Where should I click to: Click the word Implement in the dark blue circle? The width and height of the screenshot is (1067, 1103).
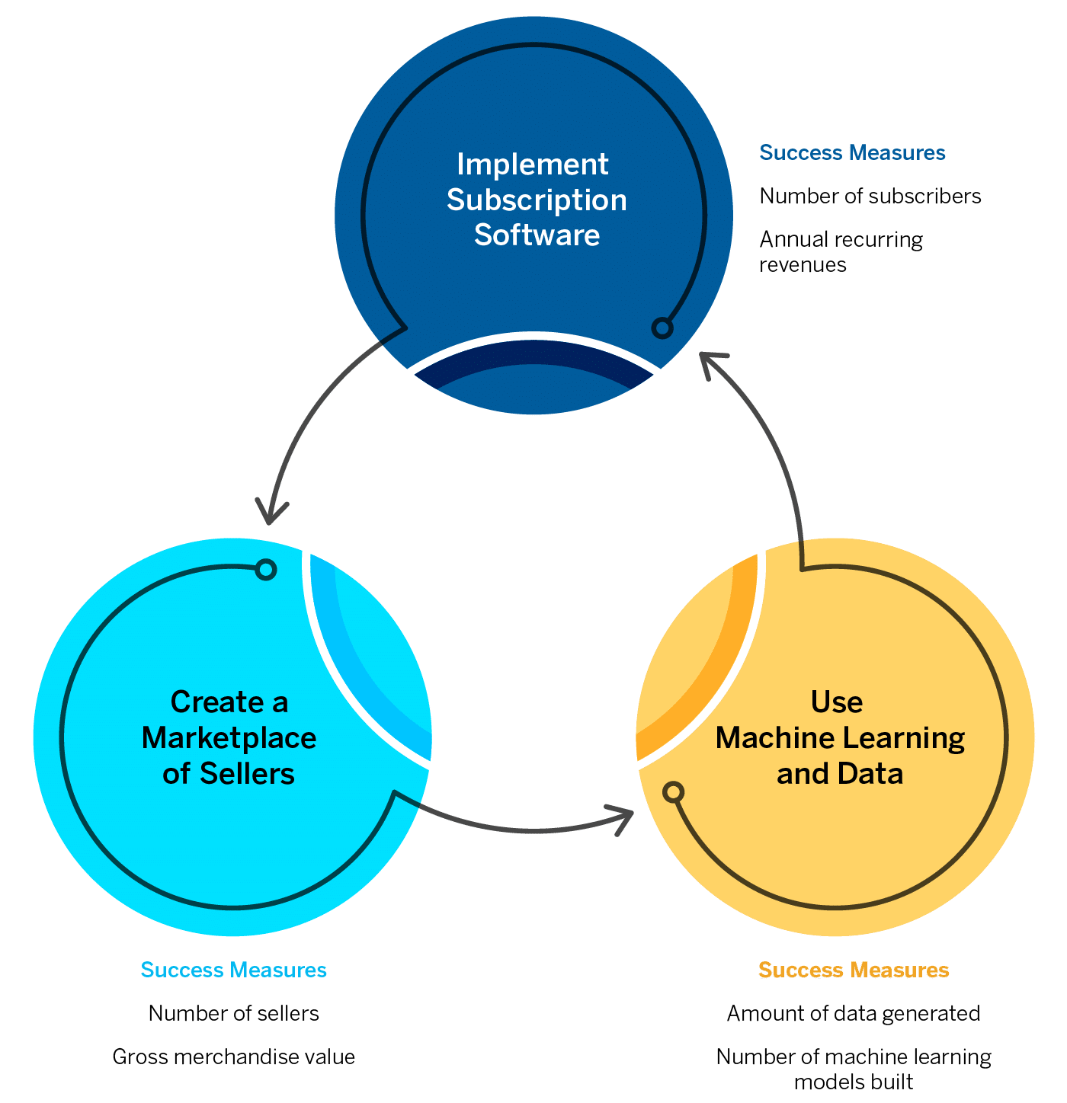[532, 165]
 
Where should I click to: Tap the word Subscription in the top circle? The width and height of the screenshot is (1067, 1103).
[537, 200]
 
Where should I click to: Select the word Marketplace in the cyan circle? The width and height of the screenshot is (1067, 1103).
[229, 737]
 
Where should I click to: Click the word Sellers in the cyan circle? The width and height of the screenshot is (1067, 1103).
[247, 773]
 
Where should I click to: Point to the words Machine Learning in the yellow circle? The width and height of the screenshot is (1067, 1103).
[840, 737]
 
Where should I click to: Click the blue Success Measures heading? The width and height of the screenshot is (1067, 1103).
[852, 152]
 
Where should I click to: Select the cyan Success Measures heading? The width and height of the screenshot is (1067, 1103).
[233, 970]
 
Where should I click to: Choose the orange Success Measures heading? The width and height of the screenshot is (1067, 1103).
[854, 970]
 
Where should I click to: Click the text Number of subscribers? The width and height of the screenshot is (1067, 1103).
[870, 196]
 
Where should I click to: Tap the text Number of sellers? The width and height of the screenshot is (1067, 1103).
[233, 1013]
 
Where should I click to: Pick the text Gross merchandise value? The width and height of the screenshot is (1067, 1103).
[233, 1057]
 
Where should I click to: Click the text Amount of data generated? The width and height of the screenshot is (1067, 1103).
[854, 1013]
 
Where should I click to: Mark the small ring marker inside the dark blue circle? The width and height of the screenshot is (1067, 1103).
[662, 328]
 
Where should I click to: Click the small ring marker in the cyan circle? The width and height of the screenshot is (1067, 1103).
[265, 569]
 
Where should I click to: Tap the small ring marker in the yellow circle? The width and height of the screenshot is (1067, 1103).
[673, 792]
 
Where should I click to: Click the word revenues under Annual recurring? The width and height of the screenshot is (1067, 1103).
[803, 264]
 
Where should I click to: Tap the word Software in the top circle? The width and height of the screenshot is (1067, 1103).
[537, 235]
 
